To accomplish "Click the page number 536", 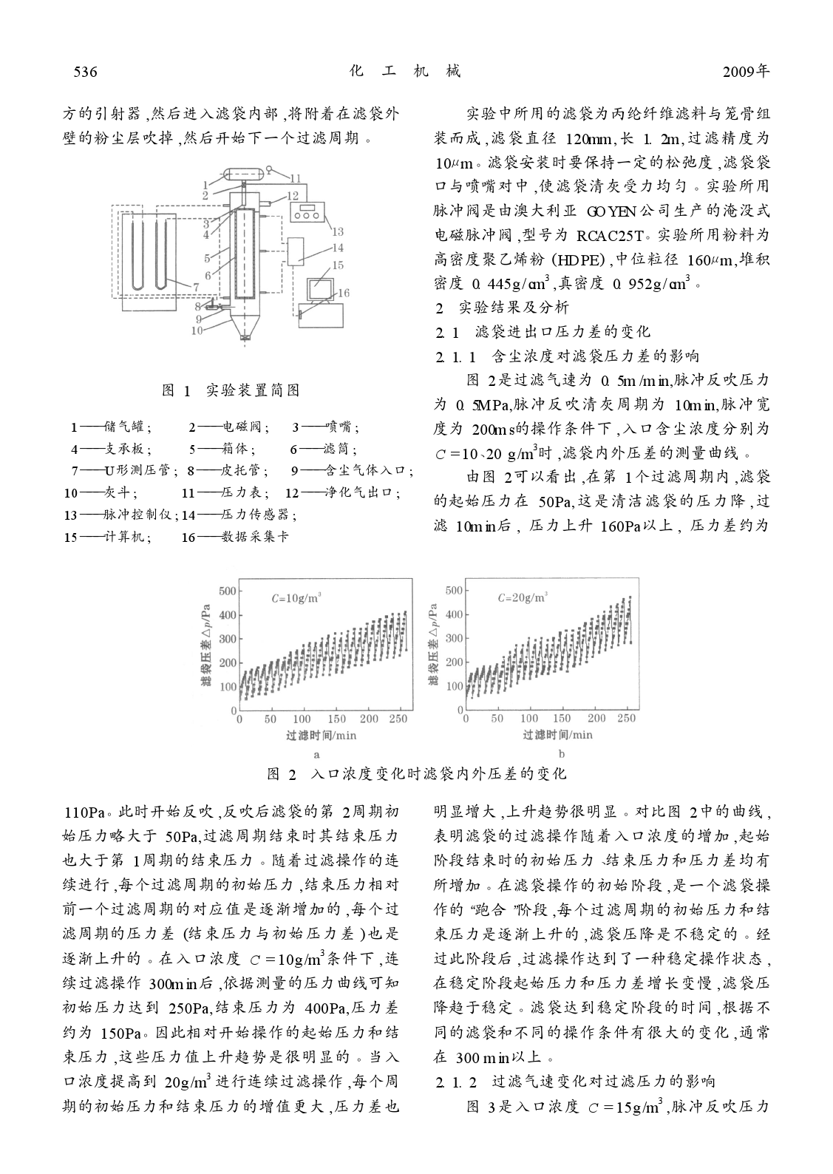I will [86, 72].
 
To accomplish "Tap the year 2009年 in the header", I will [746, 72].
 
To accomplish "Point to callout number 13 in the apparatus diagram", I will [338, 232].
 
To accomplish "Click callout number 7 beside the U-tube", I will [196, 286].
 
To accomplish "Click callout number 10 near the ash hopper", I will [196, 330].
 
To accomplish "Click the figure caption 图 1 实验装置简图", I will [231, 390].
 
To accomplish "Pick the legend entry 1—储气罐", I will [112, 427].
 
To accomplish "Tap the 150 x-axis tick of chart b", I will [562, 718].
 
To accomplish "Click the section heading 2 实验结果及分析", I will [502, 307].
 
